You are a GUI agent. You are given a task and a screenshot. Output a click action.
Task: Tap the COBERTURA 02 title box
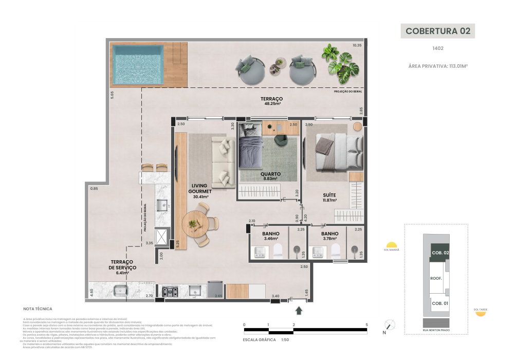coord(438,30)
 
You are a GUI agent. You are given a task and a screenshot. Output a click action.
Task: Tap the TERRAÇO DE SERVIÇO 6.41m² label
coord(121,267)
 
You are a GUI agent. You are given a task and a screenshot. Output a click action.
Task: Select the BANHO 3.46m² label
coord(270,236)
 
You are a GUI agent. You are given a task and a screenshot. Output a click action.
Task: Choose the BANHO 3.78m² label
coord(331,236)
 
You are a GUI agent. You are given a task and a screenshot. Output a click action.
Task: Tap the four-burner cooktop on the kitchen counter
coord(170,292)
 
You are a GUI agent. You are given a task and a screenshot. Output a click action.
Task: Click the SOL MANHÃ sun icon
coord(392,245)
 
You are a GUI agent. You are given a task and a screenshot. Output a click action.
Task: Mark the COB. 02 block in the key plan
coord(440,253)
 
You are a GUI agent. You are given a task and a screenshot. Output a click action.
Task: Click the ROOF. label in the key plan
coord(437,278)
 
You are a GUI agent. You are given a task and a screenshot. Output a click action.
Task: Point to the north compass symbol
coord(390,325)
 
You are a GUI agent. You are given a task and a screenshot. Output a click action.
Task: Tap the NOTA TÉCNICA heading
coord(38,309)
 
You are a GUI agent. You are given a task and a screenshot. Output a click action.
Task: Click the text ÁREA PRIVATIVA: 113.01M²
coord(438,66)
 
